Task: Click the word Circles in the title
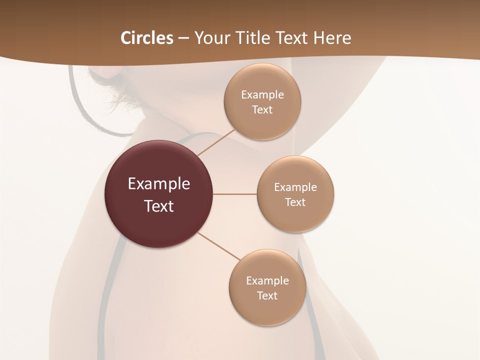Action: (x=146, y=38)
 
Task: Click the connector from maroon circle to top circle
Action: (x=216, y=142)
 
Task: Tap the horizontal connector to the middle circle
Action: (x=234, y=194)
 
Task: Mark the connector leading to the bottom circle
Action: (x=219, y=246)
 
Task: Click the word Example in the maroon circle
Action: (x=159, y=184)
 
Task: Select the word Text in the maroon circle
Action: (x=159, y=206)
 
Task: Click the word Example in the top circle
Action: (x=262, y=94)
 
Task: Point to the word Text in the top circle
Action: (x=262, y=109)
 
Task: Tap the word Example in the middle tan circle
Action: (x=295, y=187)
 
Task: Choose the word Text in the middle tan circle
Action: (x=295, y=202)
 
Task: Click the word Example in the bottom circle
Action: (x=267, y=281)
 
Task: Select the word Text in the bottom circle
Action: (x=267, y=296)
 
